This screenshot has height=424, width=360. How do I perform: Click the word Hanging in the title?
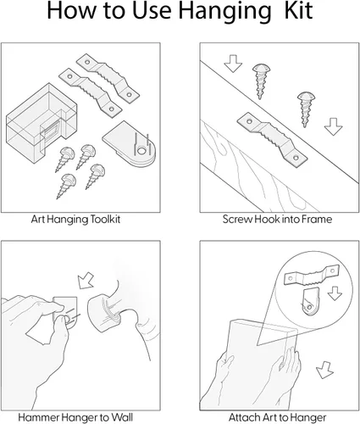tap(225, 11)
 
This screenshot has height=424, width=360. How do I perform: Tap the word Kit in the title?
tap(298, 10)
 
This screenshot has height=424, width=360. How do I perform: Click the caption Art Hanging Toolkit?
tap(75, 220)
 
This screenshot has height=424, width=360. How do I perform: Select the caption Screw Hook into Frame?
tap(277, 220)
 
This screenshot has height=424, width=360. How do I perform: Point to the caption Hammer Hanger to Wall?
tap(75, 417)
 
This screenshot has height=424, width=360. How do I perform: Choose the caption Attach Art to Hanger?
tap(277, 417)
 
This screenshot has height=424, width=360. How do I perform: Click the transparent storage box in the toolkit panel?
tap(42, 123)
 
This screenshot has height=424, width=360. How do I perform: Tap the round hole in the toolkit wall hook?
tap(141, 151)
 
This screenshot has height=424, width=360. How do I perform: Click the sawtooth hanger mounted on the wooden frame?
tap(273, 141)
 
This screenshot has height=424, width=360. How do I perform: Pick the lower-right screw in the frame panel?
tap(306, 109)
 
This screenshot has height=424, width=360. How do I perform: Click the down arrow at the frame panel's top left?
tap(233, 64)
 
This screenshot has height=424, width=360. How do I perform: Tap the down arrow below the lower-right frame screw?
tap(333, 126)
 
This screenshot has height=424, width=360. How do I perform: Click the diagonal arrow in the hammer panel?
tap(86, 281)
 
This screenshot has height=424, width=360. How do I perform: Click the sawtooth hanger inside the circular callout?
tap(312, 275)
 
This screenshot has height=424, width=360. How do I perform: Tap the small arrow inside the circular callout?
tap(335, 293)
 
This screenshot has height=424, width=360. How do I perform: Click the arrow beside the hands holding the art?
tap(325, 370)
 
